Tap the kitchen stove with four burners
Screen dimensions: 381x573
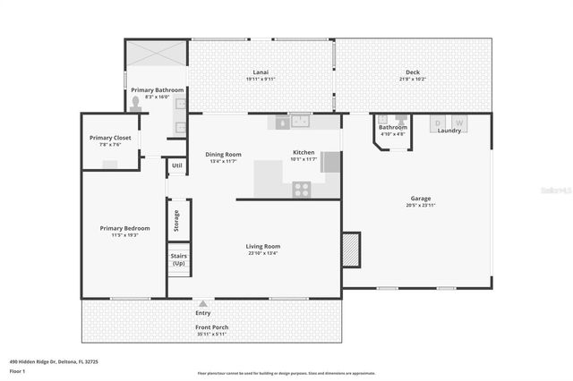pyautogui.click(x=303, y=189)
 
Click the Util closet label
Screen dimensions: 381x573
pyautogui.click(x=176, y=165)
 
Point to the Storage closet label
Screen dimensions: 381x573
pyautogui.click(x=176, y=219)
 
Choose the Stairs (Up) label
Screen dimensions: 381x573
pyautogui.click(x=177, y=259)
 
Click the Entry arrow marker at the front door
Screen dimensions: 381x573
pyautogui.click(x=203, y=304)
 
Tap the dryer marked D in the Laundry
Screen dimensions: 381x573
pyautogui.click(x=438, y=122)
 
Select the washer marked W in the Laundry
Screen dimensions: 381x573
pyautogui.click(x=459, y=122)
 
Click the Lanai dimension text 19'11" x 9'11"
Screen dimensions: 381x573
pyautogui.click(x=261, y=80)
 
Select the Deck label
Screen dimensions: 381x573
pyautogui.click(x=412, y=72)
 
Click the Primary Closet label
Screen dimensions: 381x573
pyautogui.click(x=111, y=138)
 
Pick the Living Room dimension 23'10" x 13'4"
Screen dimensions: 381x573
pyautogui.click(x=263, y=253)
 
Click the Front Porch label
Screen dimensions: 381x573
pyautogui.click(x=213, y=327)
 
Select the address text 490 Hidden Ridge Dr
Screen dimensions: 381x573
pyautogui.click(x=54, y=361)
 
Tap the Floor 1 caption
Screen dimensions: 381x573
pyautogui.click(x=17, y=370)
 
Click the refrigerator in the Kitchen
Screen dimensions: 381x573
pyautogui.click(x=330, y=162)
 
